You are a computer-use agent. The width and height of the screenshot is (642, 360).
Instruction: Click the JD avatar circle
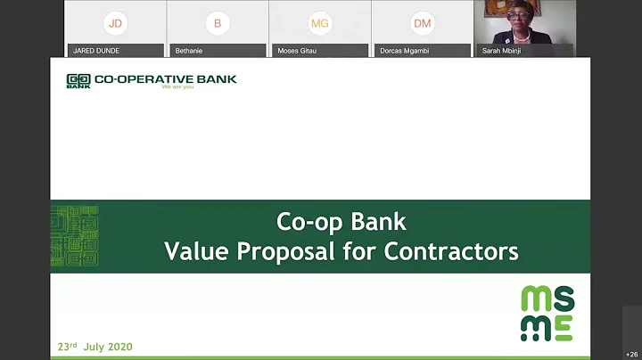click(x=114, y=22)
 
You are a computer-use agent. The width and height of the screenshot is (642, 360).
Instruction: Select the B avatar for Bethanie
click(x=217, y=22)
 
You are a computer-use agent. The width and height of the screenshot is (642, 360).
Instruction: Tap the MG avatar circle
click(x=319, y=22)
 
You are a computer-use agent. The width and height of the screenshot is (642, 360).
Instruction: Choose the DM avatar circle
click(x=422, y=22)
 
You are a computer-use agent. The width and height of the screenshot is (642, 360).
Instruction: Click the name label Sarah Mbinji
click(x=503, y=52)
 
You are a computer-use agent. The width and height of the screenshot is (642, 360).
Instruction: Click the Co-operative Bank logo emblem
click(x=78, y=81)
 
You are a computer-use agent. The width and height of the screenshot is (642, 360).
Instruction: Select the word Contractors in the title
click(x=451, y=252)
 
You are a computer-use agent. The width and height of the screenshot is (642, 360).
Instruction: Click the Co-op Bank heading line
click(x=342, y=222)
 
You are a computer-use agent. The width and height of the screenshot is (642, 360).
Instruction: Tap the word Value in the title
click(x=193, y=252)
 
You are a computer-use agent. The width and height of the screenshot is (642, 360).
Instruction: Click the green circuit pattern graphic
click(x=75, y=236)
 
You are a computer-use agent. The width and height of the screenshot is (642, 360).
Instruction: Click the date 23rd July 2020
click(x=95, y=347)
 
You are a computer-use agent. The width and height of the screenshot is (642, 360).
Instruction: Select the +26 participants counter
click(x=631, y=355)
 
